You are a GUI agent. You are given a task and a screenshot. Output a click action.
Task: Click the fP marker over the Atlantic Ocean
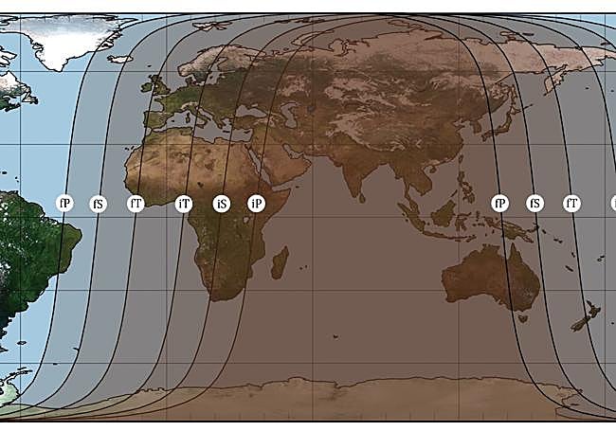coord(64,203)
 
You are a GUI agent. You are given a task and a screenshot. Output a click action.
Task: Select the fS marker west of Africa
coord(98,204)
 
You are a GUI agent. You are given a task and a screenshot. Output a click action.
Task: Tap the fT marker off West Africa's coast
coord(136,203)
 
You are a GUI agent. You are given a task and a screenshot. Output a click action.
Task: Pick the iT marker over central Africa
coord(184,203)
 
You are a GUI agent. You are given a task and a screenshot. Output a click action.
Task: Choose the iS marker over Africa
coord(221,204)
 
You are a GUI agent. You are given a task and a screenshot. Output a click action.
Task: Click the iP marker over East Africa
coord(256,203)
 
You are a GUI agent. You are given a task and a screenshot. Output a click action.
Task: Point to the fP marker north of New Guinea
coord(499,203)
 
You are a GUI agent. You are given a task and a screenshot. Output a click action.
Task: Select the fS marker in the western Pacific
coord(534,203)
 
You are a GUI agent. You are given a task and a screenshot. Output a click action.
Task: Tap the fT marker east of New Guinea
coord(571,203)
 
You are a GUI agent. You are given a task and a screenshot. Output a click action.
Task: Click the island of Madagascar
coord(281,261)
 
